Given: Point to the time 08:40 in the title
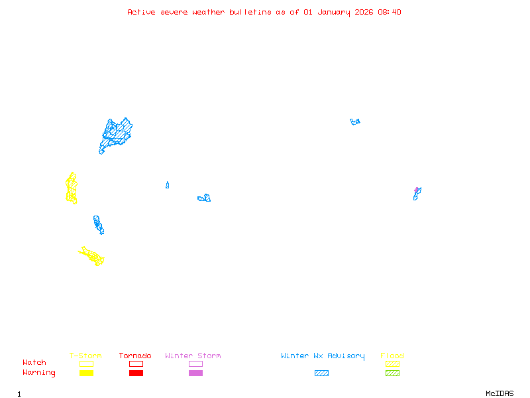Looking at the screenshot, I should pyautogui.click(x=389, y=12).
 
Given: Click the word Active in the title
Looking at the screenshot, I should pyautogui.click(x=142, y=12).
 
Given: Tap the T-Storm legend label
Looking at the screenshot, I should pyautogui.click(x=85, y=356).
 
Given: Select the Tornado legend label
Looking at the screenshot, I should pyautogui.click(x=135, y=356).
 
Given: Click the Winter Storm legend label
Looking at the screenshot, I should pyautogui.click(x=193, y=356).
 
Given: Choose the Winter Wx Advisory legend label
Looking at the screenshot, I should pyautogui.click(x=323, y=356).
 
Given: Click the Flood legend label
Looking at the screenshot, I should pyautogui.click(x=392, y=356).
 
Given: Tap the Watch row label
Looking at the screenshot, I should pyautogui.click(x=34, y=363).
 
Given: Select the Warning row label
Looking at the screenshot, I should pyautogui.click(x=39, y=373).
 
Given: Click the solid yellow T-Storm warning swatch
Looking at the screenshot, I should pyautogui.click(x=86, y=373).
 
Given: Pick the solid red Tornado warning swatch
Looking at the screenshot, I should pyautogui.click(x=136, y=373).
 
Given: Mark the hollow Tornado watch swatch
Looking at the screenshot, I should pyautogui.click(x=136, y=364).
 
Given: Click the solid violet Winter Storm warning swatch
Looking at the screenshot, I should pyautogui.click(x=195, y=373).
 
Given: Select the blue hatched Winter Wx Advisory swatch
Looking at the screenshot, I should pyautogui.click(x=321, y=373).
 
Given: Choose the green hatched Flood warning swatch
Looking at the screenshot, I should pyautogui.click(x=393, y=373).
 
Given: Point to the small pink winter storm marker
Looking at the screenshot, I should pyautogui.click(x=417, y=190).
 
